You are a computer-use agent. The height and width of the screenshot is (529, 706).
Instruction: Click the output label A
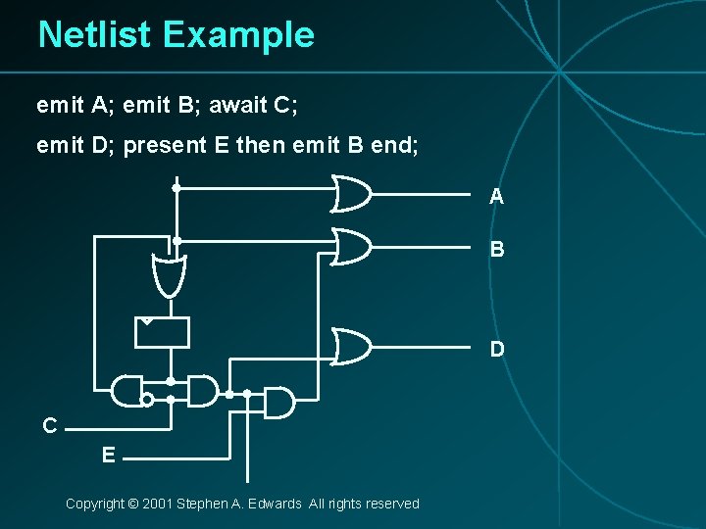point(497,197)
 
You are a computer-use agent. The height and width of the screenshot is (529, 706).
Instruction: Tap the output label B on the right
point(497,250)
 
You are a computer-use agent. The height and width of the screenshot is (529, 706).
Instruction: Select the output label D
point(498,349)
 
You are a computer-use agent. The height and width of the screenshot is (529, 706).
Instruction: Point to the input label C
point(49,426)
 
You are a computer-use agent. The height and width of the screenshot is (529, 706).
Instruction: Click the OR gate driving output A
point(352,193)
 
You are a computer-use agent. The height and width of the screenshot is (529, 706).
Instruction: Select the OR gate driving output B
point(352,246)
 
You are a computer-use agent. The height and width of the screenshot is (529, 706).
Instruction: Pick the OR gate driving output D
point(352,345)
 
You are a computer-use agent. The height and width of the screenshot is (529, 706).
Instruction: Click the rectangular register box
point(162,332)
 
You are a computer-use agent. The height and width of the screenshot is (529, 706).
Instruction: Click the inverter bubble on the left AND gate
point(146,400)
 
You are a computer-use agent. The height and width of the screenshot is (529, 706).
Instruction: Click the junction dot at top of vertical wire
point(176,187)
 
